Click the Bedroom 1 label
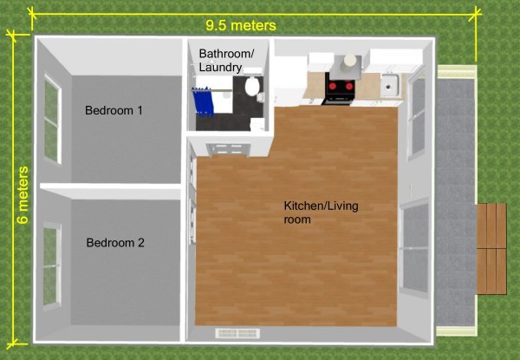pos(114,110)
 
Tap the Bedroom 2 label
pos(115,243)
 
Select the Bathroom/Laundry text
pos(226,60)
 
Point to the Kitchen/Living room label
pos(321,213)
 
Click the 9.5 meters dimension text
pos(241,25)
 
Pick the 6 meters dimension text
pos(23,195)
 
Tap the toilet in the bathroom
pos(251,85)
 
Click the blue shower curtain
pos(202,101)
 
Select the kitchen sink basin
pos(389,85)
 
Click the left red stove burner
pos(332,86)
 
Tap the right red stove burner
pos(348,86)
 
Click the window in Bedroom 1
pos(53,119)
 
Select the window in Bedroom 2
pos(52,265)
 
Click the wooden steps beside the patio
pos(491,248)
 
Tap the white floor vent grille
pos(237,333)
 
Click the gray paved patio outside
pos(455,202)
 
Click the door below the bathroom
pos(227,149)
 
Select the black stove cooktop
pos(341,87)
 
